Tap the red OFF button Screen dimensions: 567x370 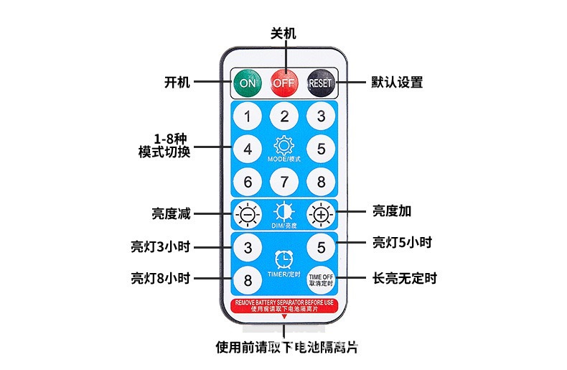pos(283,83)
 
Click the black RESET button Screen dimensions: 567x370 pos(320,83)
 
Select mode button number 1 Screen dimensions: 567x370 pos(247,116)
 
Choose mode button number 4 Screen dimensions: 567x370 pos(247,149)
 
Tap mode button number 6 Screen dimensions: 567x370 pos(247,181)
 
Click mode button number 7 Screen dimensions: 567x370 pos(284,181)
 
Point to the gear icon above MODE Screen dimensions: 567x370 pos(284,144)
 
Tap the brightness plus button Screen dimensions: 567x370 pos(320,214)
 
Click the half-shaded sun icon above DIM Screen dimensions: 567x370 pos(284,211)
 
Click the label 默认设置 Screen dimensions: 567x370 pos(397,83)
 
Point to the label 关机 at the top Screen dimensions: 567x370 pos(283,34)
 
